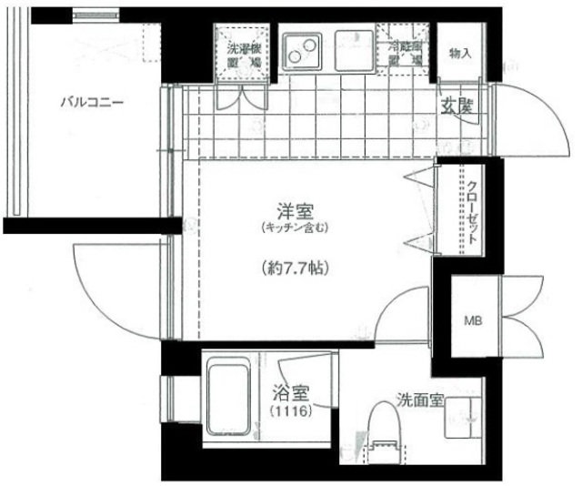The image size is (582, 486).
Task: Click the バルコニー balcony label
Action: point(92,102)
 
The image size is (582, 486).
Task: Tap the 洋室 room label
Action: point(293,211)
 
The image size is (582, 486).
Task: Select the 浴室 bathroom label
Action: point(291,394)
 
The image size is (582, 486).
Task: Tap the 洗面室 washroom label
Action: point(420,400)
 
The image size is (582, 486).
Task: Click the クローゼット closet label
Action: point(473,214)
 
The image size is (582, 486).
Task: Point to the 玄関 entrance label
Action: point(458,106)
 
